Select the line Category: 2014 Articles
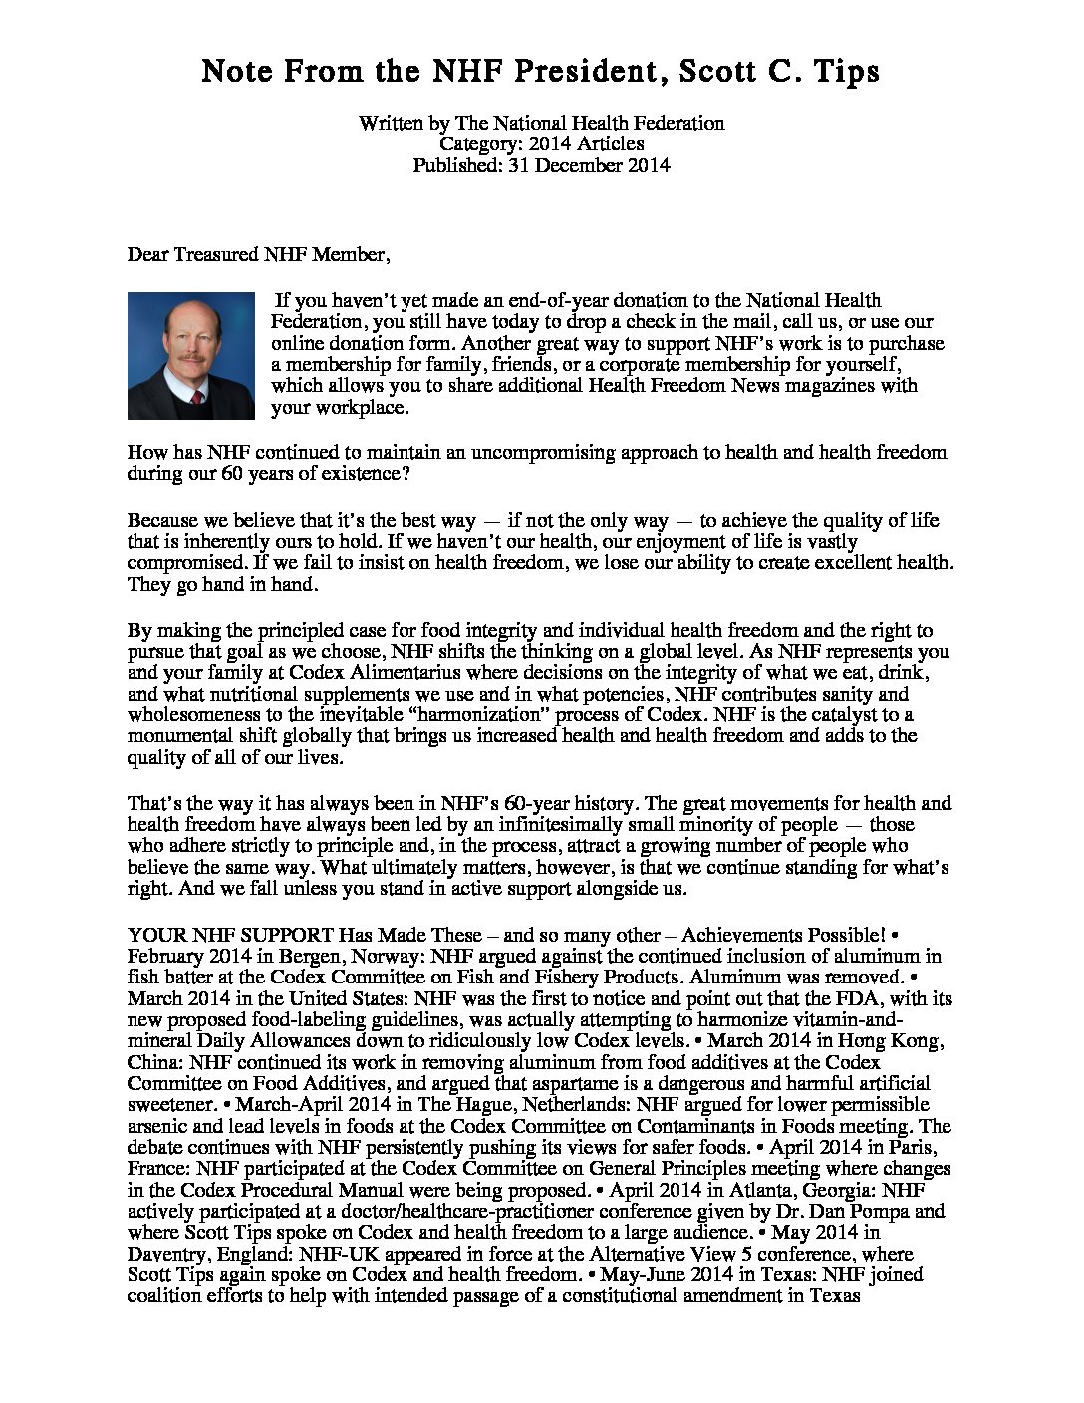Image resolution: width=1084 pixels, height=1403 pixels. click(541, 144)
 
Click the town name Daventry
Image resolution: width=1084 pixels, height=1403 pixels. click(167, 1255)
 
